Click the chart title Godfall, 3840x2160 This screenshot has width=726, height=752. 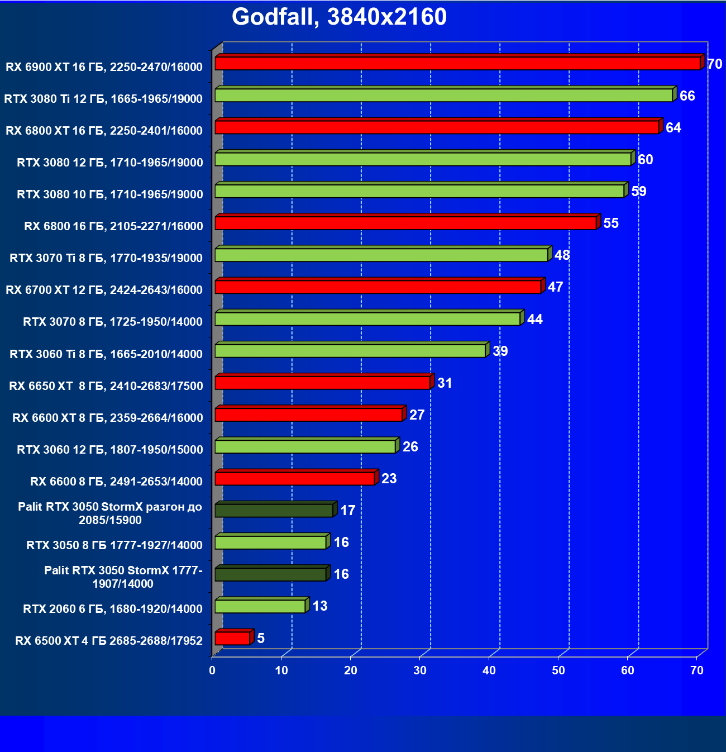(339, 17)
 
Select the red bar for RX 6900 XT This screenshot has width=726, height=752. (457, 63)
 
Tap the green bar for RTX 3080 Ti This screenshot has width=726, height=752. (443, 95)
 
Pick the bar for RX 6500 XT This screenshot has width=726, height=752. (232, 638)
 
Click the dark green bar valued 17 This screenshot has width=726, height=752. (274, 510)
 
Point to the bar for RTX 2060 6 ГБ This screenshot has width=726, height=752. (260, 606)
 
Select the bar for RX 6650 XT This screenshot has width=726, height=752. (322, 383)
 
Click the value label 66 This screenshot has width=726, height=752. (687, 96)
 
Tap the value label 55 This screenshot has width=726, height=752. (611, 223)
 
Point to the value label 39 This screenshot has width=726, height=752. (500, 351)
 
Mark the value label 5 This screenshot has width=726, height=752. (261, 639)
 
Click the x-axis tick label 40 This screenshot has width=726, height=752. (489, 670)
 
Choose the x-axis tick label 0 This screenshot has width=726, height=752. (212, 670)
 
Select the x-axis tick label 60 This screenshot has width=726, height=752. (628, 670)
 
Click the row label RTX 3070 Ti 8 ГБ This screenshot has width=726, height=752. (106, 258)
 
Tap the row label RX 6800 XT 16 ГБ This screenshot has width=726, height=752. (104, 131)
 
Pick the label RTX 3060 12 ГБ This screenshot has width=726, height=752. (110, 450)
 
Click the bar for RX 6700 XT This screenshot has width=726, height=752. (378, 287)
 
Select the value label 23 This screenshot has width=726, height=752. (389, 479)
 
